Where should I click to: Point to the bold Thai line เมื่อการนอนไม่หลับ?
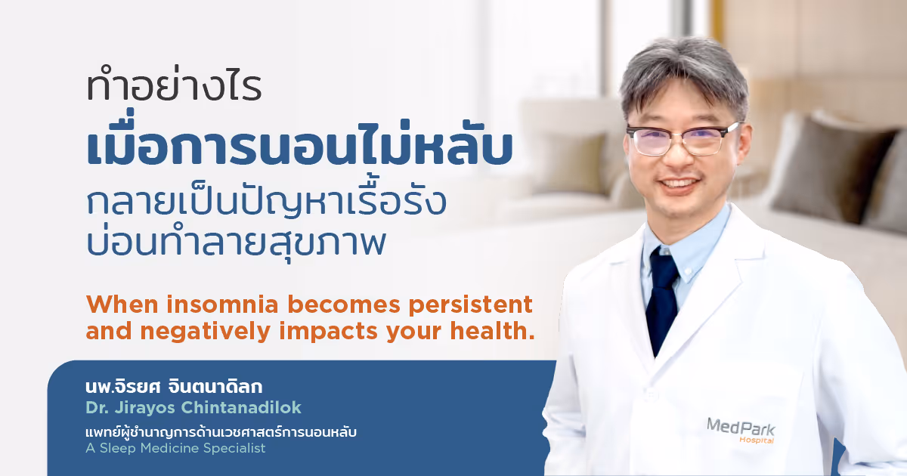[x=300, y=149]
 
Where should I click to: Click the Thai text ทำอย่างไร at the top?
[x=174, y=89]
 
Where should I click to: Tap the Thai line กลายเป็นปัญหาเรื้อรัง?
[x=266, y=202]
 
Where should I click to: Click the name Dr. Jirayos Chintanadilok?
[x=193, y=408]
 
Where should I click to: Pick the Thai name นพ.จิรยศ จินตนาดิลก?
[x=174, y=388]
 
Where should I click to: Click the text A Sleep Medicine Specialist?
[x=176, y=449]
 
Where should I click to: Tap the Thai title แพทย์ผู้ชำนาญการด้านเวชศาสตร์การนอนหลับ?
[x=221, y=432]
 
